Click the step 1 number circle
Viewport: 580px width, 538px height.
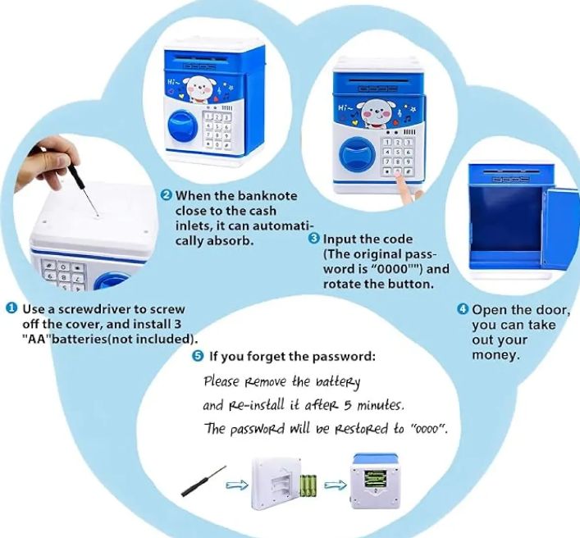tap(11, 309)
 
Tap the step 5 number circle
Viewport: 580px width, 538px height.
tap(198, 356)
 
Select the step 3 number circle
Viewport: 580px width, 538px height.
tap(313, 239)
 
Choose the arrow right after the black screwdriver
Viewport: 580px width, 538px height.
tap(237, 484)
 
